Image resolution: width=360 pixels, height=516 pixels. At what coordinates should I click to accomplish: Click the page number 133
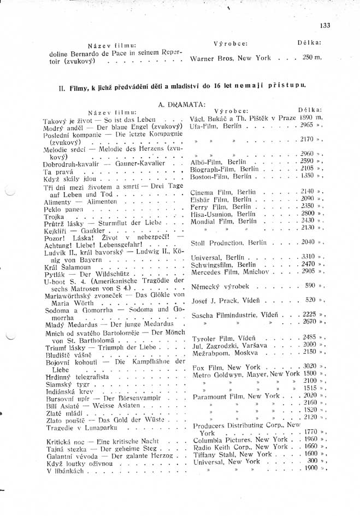click(x=326, y=25)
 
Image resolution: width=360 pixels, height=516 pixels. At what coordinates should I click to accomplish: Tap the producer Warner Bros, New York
click(x=230, y=58)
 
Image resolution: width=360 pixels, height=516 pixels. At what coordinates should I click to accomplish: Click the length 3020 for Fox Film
click(x=309, y=366)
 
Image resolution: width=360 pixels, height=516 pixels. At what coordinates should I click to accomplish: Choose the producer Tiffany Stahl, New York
click(x=232, y=454)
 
